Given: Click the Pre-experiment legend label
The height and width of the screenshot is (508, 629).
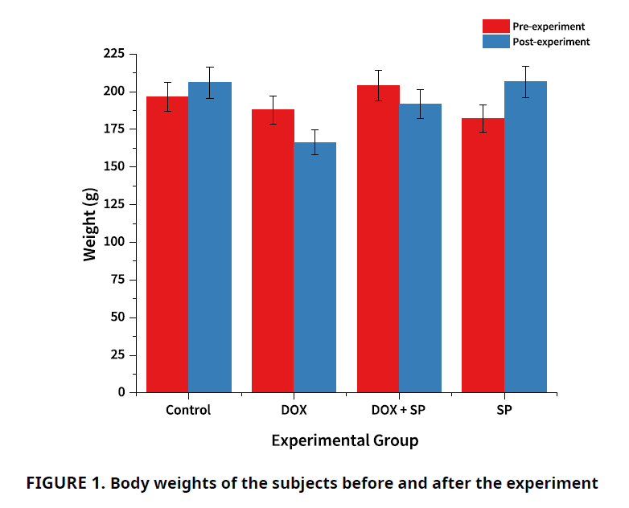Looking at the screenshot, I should pyautogui.click(x=549, y=27).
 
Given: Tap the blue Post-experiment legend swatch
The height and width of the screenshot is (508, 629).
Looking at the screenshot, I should pyautogui.click(x=495, y=41).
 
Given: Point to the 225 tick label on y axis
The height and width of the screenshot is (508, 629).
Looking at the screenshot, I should pyautogui.click(x=113, y=54).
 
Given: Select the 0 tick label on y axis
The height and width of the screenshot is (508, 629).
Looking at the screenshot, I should pyautogui.click(x=121, y=392).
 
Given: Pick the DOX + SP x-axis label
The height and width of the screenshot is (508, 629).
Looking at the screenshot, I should pyautogui.click(x=400, y=410).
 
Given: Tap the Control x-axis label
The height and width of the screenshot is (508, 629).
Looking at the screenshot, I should pyautogui.click(x=188, y=410).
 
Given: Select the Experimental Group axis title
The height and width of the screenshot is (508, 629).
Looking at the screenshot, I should pyautogui.click(x=344, y=440).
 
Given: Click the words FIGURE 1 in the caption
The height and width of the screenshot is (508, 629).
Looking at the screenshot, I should pyautogui.click(x=65, y=484).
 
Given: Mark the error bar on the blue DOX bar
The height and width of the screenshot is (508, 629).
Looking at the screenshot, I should pyautogui.click(x=315, y=142).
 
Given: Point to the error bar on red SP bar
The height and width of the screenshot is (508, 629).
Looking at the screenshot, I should pyautogui.click(x=483, y=118).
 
